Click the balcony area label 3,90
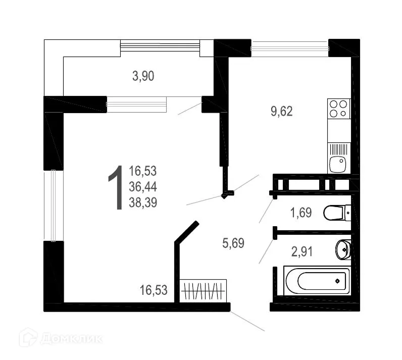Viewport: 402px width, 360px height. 143,76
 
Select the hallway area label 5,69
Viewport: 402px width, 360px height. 233,243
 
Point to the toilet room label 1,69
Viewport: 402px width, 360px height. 300,212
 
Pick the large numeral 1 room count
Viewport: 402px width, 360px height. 116,187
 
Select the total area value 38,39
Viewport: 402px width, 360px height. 143,203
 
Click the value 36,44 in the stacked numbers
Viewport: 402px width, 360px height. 143,187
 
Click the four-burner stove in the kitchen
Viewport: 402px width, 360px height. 338,109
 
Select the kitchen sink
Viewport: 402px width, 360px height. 338,164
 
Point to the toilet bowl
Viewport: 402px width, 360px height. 335,213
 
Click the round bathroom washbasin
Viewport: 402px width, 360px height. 343,249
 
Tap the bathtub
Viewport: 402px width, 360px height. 316,281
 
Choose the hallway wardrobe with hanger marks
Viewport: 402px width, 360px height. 203,290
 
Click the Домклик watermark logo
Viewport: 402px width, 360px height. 61,338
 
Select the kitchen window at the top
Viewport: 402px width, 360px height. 289,48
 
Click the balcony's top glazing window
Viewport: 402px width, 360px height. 160,47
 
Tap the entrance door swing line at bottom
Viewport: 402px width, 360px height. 247,321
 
